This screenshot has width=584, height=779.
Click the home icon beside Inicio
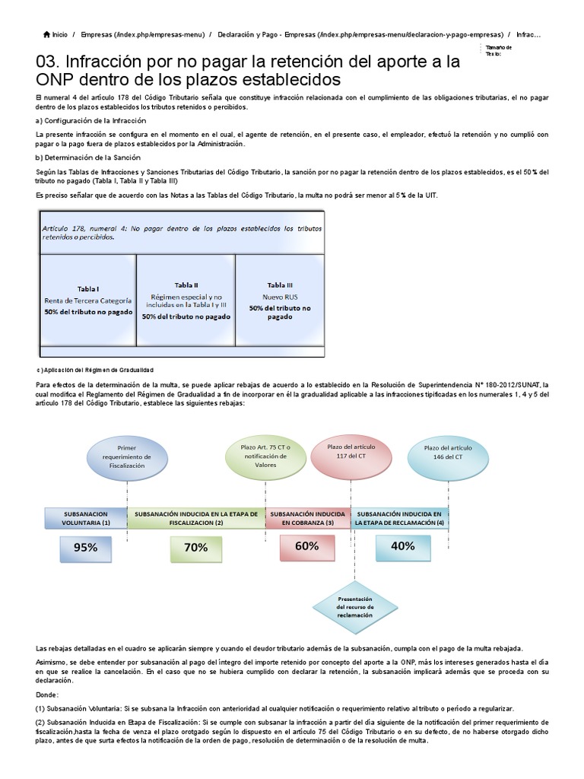tap(47, 34)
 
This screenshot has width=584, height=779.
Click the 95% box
tap(86, 547)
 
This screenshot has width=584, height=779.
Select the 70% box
tap(195, 547)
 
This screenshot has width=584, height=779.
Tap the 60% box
tap(306, 546)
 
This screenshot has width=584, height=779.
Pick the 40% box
tap(402, 546)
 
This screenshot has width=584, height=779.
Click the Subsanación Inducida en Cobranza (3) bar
tap(308, 518)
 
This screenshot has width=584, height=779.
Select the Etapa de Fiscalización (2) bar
tap(196, 518)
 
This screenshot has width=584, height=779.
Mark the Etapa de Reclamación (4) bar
tap(399, 518)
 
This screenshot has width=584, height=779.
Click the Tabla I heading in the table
tap(87, 289)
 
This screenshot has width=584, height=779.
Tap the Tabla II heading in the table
tap(186, 285)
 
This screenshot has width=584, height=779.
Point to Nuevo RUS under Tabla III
tap(279, 297)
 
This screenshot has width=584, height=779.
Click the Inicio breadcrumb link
tap(59, 34)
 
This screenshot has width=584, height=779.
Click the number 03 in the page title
tap(49, 62)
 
